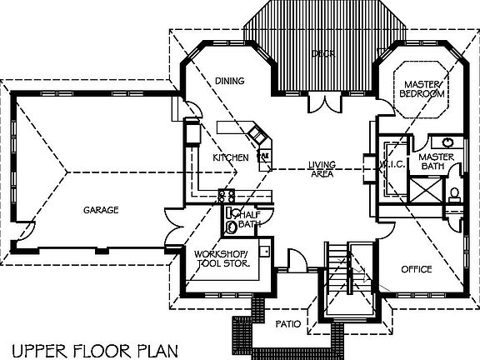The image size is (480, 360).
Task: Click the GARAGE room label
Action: (x=100, y=210)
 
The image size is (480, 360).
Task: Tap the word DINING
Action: (x=229, y=81)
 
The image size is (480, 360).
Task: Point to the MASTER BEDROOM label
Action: (x=422, y=89)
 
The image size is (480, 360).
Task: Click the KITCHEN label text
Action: (x=230, y=157)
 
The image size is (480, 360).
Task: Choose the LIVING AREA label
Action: (x=321, y=168)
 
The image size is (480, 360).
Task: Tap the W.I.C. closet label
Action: (x=392, y=164)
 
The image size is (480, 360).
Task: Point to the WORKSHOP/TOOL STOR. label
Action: (x=222, y=258)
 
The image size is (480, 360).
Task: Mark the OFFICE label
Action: (x=416, y=269)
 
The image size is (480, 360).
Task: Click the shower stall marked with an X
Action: (x=425, y=192)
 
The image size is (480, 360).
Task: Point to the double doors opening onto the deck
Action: (x=322, y=103)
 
